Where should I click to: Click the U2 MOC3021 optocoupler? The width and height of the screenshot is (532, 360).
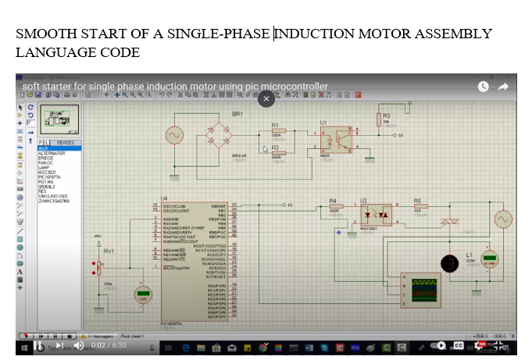coord(376,212)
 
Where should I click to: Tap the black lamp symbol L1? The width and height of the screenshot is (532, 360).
coord(448,263)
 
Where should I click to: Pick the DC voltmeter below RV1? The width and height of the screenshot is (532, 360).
coord(142,294)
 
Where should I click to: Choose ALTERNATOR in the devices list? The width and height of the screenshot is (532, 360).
coord(52,153)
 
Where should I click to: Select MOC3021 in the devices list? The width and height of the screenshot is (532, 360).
coord(48,172)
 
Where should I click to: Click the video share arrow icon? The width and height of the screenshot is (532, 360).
coord(504,86)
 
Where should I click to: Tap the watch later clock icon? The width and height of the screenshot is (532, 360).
coord(484,86)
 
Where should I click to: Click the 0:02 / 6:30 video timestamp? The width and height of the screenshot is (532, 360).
coord(109,345)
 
